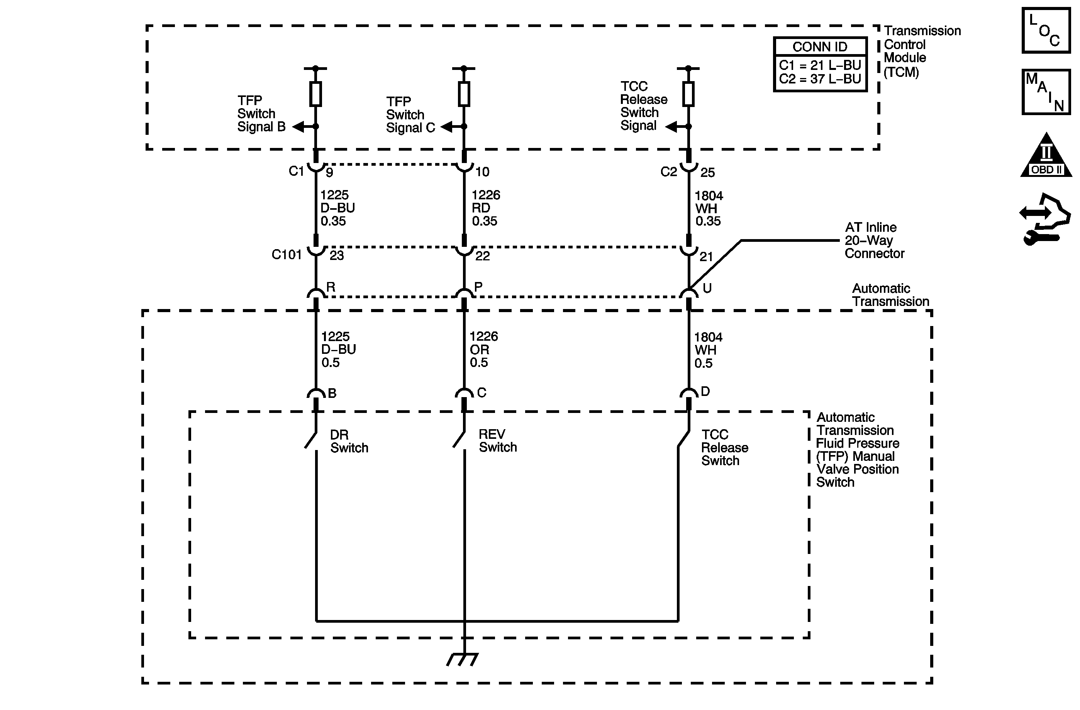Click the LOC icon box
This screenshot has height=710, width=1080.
[x=1046, y=31]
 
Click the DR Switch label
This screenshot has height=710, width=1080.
[x=349, y=441]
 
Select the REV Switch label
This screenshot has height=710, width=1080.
[x=497, y=441]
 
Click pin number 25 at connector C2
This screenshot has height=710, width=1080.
[x=707, y=173]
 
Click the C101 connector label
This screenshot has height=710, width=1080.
[x=287, y=255]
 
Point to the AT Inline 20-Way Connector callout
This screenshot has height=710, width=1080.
[x=873, y=241]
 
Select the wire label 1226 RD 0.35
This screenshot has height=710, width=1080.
[x=485, y=208]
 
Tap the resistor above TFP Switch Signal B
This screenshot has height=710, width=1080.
[x=316, y=94]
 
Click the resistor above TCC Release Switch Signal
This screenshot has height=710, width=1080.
[x=688, y=94]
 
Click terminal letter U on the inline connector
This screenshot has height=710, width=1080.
[x=707, y=288]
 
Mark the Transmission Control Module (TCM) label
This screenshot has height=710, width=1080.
[x=921, y=51]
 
